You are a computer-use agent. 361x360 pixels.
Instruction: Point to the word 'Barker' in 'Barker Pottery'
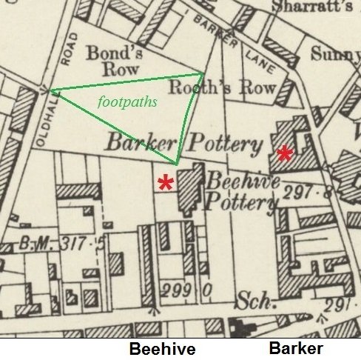(143, 141)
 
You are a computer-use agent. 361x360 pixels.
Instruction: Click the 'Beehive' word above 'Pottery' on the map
(243, 181)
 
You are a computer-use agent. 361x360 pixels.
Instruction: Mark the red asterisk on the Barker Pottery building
(284, 154)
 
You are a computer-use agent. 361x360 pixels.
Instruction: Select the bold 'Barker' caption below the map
(296, 350)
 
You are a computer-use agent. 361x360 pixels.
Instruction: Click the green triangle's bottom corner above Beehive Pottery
(178, 164)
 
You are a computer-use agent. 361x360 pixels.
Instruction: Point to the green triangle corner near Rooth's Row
(203, 73)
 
